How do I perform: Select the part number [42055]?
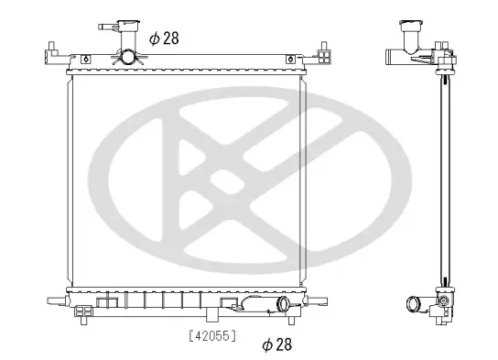click(x=211, y=335)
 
